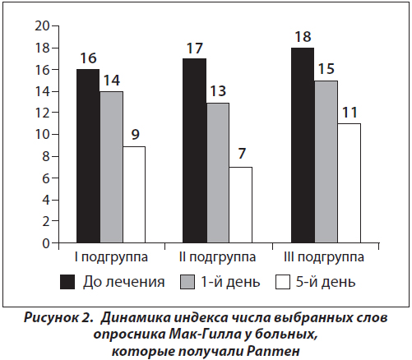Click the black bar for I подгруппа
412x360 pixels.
tap(88, 156)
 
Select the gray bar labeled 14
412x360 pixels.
tap(111, 167)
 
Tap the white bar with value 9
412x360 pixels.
tap(134, 195)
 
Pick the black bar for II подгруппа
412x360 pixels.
tap(195, 150)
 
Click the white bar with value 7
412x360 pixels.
tap(241, 205)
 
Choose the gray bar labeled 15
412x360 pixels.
tap(326, 162)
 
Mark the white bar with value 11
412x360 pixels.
tap(349, 183)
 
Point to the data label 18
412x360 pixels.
tap(303, 37)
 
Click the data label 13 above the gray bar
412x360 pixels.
tap(218, 90)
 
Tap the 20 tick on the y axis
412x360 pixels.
tap(42, 26)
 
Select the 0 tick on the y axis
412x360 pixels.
tap(46, 243)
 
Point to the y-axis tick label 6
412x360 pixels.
tap(46, 178)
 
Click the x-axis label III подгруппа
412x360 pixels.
tap(324, 257)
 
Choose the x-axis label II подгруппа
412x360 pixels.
tap(217, 257)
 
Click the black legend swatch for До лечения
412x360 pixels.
tap(67, 282)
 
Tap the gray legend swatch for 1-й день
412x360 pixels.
tap(187, 282)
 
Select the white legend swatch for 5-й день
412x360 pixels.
tap(283, 282)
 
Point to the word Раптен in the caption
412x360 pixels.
tap(273, 351)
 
